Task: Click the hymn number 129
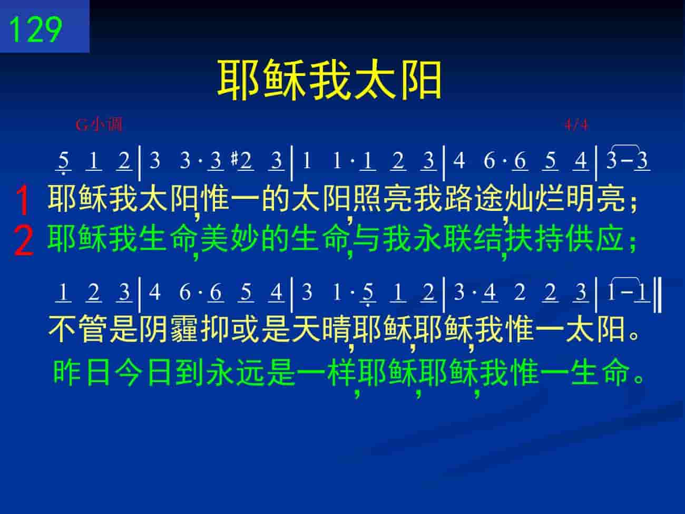36,30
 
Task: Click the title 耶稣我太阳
329,80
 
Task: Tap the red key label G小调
99,124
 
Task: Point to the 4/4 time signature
576,125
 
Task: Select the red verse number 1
23,200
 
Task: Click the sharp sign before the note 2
234,158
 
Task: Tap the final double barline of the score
657,295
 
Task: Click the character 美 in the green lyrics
214,239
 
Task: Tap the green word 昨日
82,373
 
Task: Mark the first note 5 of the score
63,161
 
